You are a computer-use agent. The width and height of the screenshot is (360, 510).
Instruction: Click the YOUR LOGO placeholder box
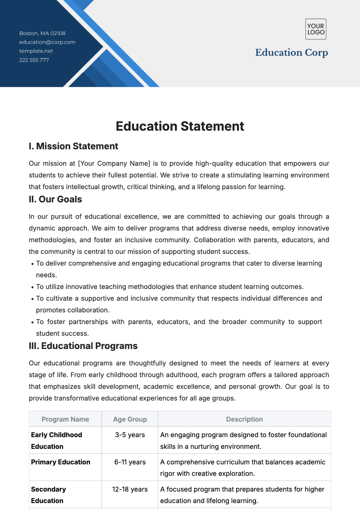tap(316, 29)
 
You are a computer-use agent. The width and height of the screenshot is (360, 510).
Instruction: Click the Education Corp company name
tap(292, 52)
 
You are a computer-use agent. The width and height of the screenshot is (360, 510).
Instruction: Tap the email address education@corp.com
tap(47, 42)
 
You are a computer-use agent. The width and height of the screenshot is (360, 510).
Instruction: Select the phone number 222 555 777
tap(34, 60)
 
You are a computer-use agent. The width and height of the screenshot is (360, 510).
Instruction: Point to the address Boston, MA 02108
tap(42, 33)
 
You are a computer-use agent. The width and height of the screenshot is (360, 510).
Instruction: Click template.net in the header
tap(36, 51)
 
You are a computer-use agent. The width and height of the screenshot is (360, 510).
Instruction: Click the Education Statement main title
tap(180, 126)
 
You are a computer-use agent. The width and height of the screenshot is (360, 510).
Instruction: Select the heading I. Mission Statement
tap(73, 146)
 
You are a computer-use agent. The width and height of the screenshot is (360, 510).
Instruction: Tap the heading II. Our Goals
tap(55, 199)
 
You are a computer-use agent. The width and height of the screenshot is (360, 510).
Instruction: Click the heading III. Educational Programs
tap(83, 346)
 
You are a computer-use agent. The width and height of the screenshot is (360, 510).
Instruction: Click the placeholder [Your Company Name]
tap(114, 163)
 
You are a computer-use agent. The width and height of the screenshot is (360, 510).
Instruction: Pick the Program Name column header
tap(65, 419)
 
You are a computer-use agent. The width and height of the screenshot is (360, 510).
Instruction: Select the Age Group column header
tap(130, 419)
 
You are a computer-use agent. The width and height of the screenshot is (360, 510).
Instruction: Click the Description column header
tap(244, 419)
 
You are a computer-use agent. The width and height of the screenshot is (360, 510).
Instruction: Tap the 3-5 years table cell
tap(130, 435)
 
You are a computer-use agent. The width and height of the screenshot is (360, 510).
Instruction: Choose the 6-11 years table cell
tap(130, 462)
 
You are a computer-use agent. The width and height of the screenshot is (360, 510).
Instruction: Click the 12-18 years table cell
tap(130, 489)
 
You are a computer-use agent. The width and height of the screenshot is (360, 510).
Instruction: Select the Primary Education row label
tap(61, 462)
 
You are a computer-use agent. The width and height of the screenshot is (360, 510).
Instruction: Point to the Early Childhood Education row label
tap(56, 440)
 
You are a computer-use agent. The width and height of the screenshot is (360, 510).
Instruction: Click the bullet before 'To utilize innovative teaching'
tap(32, 287)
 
